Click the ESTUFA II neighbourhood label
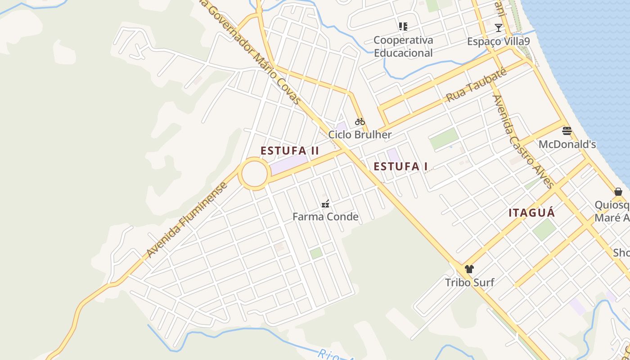pyautogui.click(x=290, y=151)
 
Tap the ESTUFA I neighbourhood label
pyautogui.click(x=400, y=166)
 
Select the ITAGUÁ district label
pyautogui.click(x=531, y=213)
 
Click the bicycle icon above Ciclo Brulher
pyautogui.click(x=360, y=121)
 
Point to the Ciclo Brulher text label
pyautogui.click(x=360, y=135)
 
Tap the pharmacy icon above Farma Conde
pyautogui.click(x=325, y=204)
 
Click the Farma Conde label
pyautogui.click(x=325, y=217)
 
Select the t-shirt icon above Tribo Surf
pyautogui.click(x=469, y=269)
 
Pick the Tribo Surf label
pyautogui.click(x=469, y=283)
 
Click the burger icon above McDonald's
pyautogui.click(x=567, y=131)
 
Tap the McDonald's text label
pyautogui.click(x=567, y=144)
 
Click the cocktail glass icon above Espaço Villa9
pyautogui.click(x=498, y=28)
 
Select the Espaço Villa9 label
pyautogui.click(x=498, y=41)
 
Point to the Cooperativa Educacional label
pyautogui.click(x=403, y=46)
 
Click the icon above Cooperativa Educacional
pyautogui.click(x=403, y=27)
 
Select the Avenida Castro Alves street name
pyautogui.click(x=523, y=142)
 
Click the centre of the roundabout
pyautogui.click(x=254, y=174)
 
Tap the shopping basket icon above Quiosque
pyautogui.click(x=618, y=192)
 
